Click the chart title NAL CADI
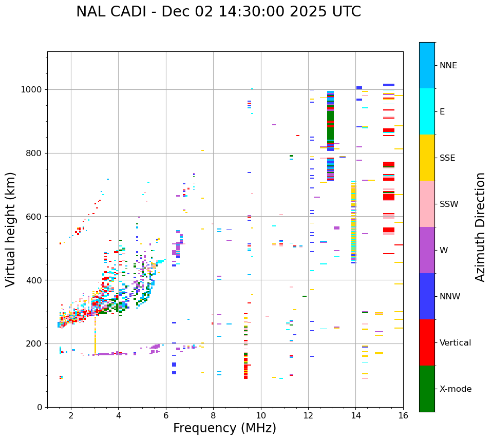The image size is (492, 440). (x=218, y=12)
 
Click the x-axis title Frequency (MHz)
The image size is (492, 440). (x=224, y=428)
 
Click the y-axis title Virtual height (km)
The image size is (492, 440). (x=11, y=229)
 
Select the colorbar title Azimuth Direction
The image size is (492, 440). (x=480, y=227)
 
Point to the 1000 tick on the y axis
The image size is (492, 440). (x=34, y=89)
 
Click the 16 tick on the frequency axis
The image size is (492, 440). (x=403, y=415)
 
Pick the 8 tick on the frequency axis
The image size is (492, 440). (x=213, y=415)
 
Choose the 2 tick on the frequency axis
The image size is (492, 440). (x=71, y=415)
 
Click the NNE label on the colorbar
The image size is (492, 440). (x=448, y=66)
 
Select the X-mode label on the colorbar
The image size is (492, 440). (x=455, y=389)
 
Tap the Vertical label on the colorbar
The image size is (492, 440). (x=455, y=343)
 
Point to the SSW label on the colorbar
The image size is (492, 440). (x=449, y=204)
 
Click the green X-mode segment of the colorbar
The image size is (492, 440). (x=427, y=389)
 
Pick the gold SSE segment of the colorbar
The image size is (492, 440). (x=427, y=158)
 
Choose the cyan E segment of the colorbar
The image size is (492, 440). (x=427, y=111)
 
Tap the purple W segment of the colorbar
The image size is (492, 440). (x=427, y=250)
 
